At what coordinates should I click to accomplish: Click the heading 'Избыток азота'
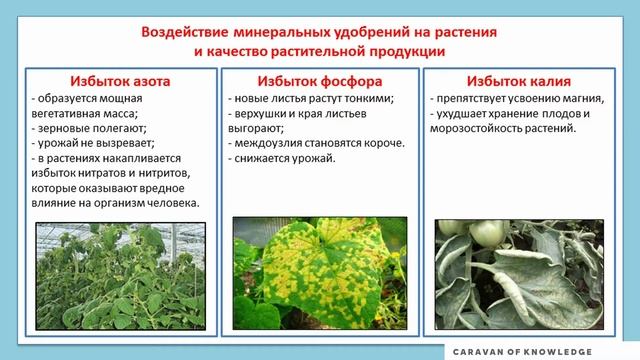coord(112,81)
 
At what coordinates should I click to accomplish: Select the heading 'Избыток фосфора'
coord(318,81)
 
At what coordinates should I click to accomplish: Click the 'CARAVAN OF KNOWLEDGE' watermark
coord(534,351)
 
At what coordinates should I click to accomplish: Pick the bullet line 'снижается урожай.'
coord(282,158)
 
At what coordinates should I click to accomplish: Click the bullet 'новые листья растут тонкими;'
coord(310,98)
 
